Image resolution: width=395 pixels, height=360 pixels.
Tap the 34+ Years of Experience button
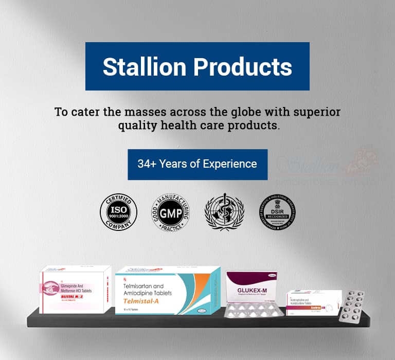click(x=197, y=165)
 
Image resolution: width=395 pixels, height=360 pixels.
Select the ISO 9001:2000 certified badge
click(x=118, y=212)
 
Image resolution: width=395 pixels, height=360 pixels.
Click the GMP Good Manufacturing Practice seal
click(x=170, y=212)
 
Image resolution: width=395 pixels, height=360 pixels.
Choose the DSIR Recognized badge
click(x=277, y=212)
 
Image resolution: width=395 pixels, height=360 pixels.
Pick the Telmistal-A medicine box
click(x=168, y=291)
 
